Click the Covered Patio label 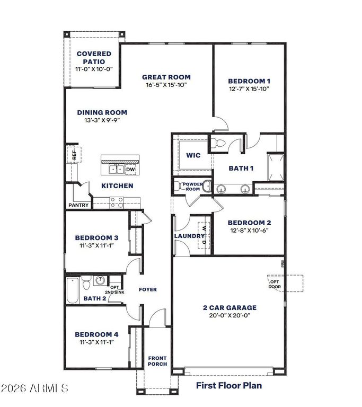94,57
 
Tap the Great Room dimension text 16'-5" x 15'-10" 166,85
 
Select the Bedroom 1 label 249,81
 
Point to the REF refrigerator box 74,155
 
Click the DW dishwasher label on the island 130,169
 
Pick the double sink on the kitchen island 117,169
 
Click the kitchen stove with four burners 117,201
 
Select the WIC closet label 192,156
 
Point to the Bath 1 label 241,168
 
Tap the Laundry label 189,236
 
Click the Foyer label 148,289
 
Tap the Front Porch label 157,361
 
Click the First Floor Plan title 229,385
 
